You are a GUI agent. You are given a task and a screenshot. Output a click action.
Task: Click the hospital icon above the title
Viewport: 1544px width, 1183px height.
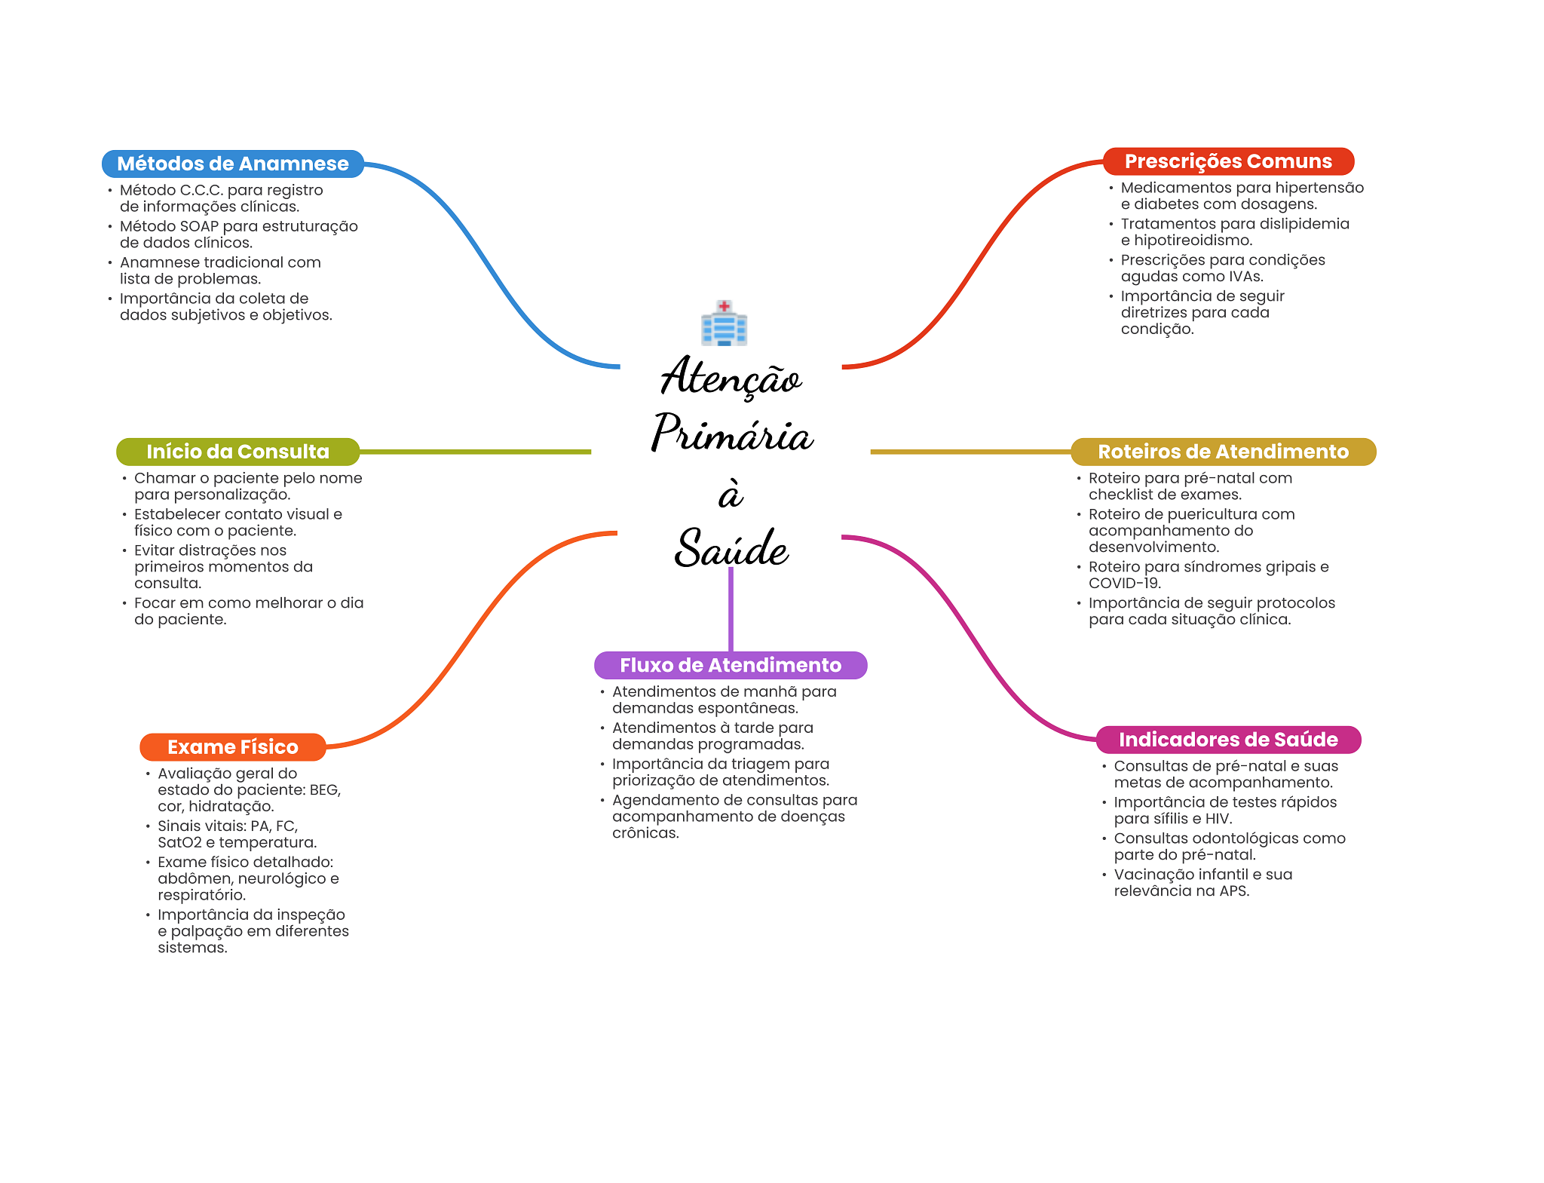(724, 323)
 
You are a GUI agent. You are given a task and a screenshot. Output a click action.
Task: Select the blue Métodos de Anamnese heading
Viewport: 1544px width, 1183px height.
(233, 164)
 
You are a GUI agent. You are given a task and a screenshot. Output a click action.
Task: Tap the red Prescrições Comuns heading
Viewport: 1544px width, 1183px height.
(1228, 161)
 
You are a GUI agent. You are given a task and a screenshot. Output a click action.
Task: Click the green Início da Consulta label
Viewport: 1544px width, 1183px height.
(237, 452)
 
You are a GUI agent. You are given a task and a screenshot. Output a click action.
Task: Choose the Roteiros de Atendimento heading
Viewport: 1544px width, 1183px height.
(1223, 452)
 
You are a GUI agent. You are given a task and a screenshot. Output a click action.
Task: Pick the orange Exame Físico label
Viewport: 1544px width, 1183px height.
(233, 747)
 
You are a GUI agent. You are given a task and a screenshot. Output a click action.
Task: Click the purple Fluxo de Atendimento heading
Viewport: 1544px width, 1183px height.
(731, 665)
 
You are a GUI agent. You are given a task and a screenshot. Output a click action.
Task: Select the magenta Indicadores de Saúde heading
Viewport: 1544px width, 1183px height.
(1228, 740)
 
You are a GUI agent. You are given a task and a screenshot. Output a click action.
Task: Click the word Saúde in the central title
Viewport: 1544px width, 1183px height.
(731, 548)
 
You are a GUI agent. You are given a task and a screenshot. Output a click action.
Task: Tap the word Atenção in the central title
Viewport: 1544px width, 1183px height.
(731, 377)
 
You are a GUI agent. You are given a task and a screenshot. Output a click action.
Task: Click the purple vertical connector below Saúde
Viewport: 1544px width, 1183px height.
(731, 609)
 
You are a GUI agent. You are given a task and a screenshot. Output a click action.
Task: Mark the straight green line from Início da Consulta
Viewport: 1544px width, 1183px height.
(475, 452)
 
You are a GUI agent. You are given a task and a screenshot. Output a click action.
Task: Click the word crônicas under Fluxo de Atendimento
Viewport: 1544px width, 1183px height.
(645, 833)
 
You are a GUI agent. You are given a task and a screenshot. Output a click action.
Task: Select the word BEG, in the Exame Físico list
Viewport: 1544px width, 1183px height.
(325, 790)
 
